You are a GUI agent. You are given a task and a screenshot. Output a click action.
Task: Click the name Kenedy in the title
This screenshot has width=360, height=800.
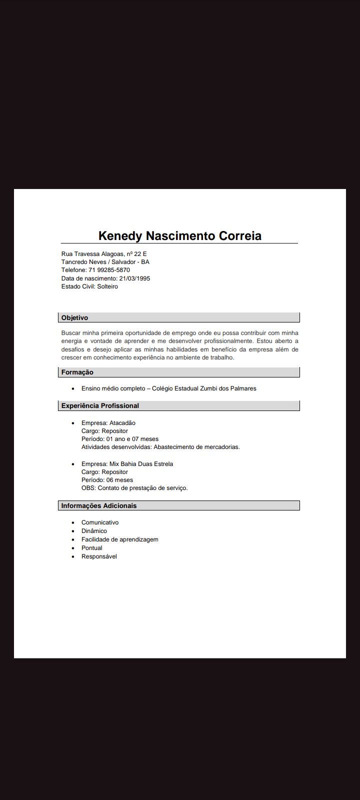pyautogui.click(x=120, y=236)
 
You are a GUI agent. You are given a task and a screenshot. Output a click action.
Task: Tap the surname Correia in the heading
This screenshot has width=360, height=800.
pyautogui.click(x=239, y=236)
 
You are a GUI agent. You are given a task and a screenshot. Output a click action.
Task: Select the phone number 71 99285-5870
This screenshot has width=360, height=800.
pyautogui.click(x=109, y=270)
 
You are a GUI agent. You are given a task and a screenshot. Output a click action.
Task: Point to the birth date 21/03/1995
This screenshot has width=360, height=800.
pyautogui.click(x=134, y=278)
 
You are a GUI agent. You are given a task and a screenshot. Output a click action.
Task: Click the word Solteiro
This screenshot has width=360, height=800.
pyautogui.click(x=107, y=286)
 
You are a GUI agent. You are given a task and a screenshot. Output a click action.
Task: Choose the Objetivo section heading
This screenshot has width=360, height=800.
pyautogui.click(x=74, y=318)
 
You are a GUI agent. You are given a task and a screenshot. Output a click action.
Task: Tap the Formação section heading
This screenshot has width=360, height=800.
pyautogui.click(x=77, y=372)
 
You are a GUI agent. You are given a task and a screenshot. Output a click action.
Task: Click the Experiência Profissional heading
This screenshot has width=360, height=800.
pyautogui.click(x=100, y=406)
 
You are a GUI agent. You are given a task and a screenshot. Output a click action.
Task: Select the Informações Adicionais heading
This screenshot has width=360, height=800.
pyautogui.click(x=98, y=506)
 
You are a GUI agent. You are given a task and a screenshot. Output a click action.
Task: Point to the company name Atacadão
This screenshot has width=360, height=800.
pyautogui.click(x=122, y=423)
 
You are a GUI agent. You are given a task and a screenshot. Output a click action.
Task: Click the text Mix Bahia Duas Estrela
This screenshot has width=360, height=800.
pyautogui.click(x=141, y=464)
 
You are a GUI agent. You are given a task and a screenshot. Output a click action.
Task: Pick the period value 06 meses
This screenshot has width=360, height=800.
pyautogui.click(x=119, y=480)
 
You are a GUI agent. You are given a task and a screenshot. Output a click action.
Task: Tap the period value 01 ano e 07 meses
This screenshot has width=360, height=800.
pyautogui.click(x=132, y=439)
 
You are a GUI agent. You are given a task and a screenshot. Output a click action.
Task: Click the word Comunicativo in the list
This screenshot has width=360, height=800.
pyautogui.click(x=100, y=522)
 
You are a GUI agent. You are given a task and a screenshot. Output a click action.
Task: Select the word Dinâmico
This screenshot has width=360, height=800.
pyautogui.click(x=94, y=531)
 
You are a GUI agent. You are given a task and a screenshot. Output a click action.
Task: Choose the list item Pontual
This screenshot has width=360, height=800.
pyautogui.click(x=91, y=548)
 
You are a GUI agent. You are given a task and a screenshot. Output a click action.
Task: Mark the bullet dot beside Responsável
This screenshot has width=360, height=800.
pyautogui.click(x=73, y=556)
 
